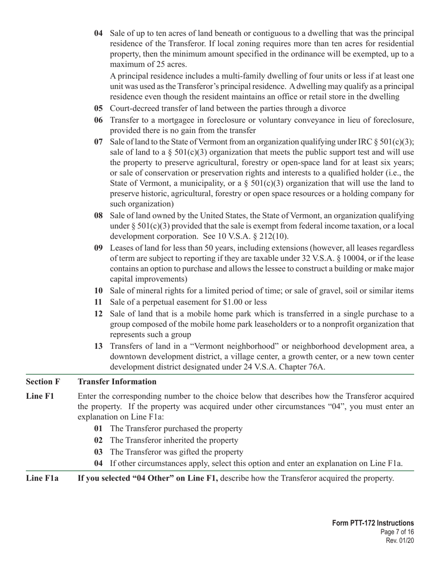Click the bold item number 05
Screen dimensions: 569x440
pyautogui.click(x=98, y=109)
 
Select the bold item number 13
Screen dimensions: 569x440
pyautogui.click(x=98, y=346)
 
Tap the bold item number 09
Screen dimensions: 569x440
pyautogui.click(x=98, y=248)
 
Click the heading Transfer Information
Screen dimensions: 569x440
pyautogui.click(x=117, y=382)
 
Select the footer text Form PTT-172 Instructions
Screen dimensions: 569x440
pyautogui.click(x=373, y=523)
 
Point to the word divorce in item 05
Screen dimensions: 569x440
pyautogui.click(x=333, y=109)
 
